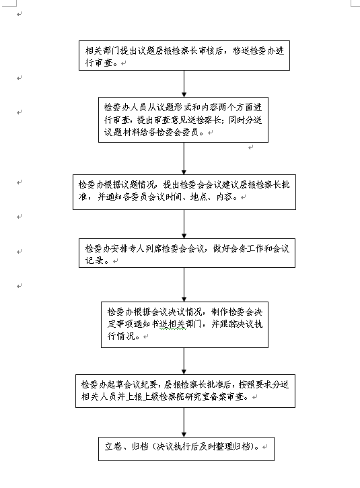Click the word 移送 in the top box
(241, 50)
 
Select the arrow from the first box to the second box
(184, 83)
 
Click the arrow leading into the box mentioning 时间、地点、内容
(184, 158)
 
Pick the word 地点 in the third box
(199, 197)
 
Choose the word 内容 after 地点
(224, 197)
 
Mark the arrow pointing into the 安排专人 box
(184, 224)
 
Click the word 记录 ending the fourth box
(94, 260)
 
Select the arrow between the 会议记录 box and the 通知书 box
(184, 285)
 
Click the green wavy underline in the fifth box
(173, 328)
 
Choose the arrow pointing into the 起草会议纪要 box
(184, 361)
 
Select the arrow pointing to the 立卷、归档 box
(184, 422)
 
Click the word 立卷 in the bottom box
(113, 447)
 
